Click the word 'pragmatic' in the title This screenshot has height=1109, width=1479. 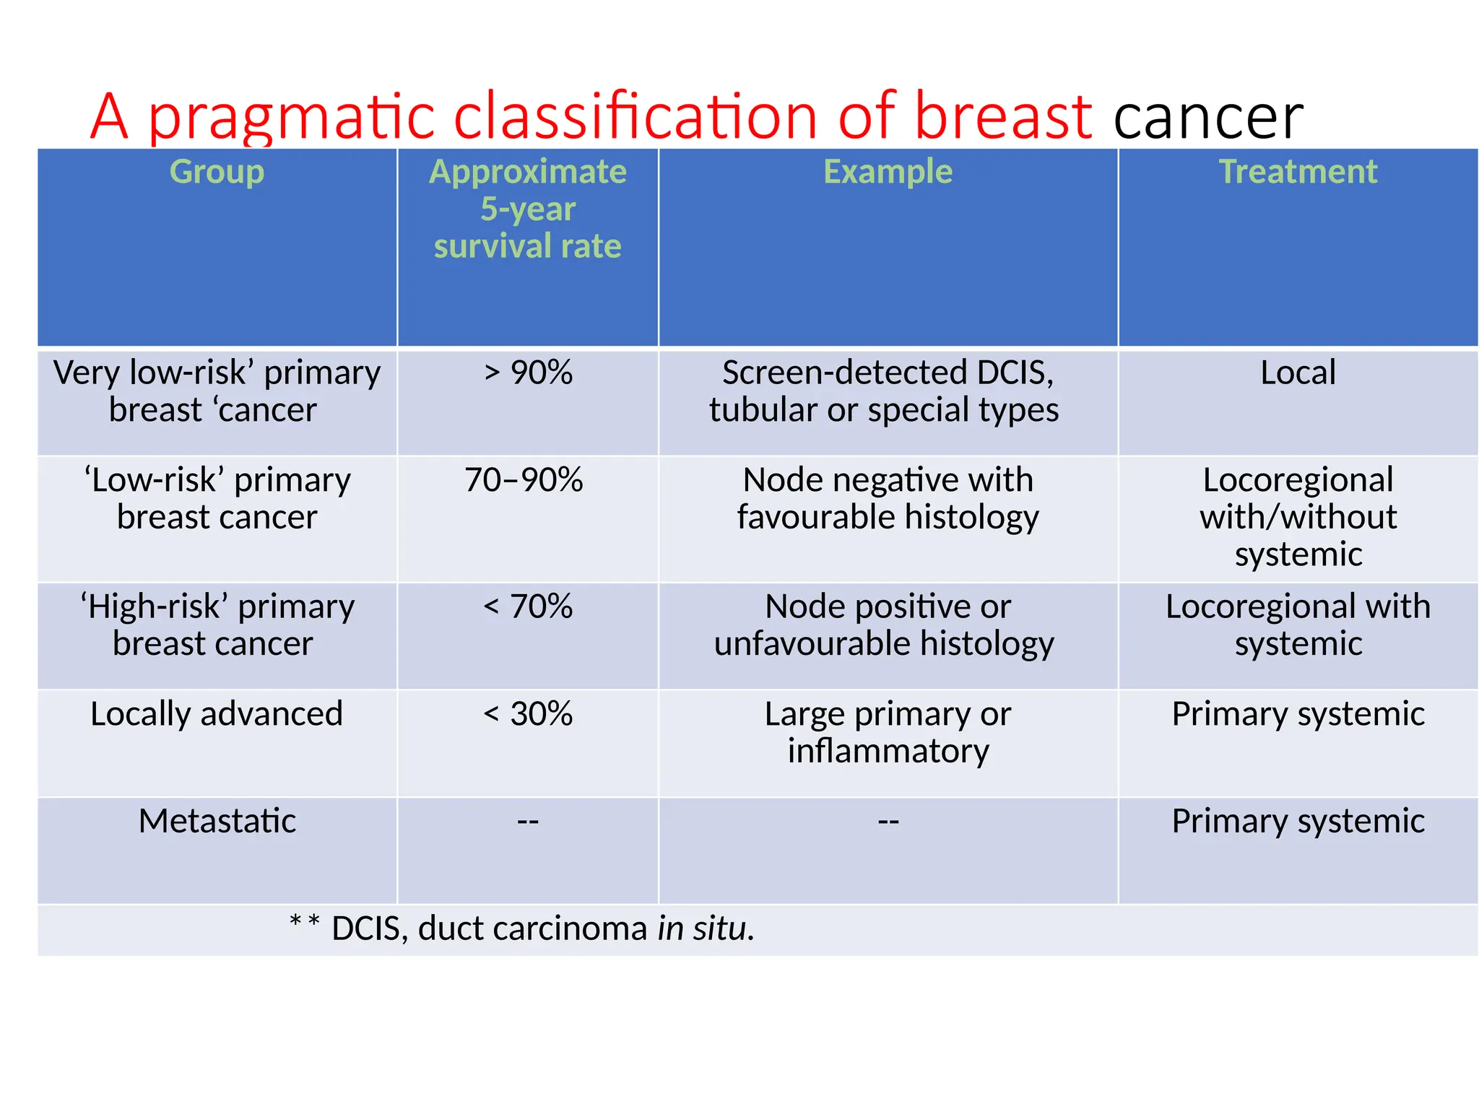(x=292, y=118)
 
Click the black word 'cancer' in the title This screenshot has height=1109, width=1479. (x=1208, y=118)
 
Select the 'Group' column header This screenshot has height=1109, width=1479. (x=217, y=172)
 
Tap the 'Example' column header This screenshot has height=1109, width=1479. (x=888, y=172)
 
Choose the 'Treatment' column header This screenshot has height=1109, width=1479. (x=1298, y=172)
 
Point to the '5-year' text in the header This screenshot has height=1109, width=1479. (x=528, y=209)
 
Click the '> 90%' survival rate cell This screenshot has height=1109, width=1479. (x=528, y=373)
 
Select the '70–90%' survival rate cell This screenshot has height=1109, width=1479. (x=524, y=480)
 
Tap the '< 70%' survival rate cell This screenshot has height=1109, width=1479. (x=528, y=606)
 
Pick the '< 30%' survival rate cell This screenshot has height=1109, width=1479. (x=528, y=714)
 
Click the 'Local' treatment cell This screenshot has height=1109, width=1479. (x=1298, y=373)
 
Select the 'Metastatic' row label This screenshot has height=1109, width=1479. (x=217, y=821)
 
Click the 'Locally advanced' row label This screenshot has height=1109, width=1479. (x=217, y=714)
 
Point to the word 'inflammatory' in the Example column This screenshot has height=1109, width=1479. (x=888, y=752)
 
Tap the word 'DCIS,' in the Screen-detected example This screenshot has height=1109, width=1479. (x=1015, y=373)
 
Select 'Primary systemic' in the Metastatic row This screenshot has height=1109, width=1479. (x=1298, y=821)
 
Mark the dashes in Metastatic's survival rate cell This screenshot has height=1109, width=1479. (x=528, y=822)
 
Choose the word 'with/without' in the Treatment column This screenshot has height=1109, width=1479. (x=1298, y=518)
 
